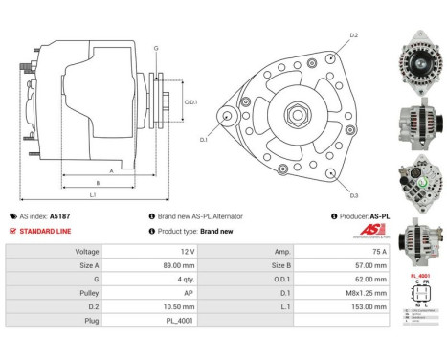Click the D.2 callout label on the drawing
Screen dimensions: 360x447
(x=353, y=36)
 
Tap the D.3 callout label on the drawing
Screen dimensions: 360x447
(x=353, y=194)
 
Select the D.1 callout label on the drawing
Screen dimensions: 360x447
(x=203, y=140)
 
